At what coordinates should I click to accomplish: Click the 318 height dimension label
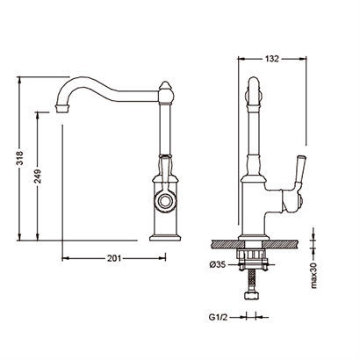(19, 158)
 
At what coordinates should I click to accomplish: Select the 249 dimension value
(37, 176)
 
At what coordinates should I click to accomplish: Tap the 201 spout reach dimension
(114, 258)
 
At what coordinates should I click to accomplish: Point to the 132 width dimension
(272, 59)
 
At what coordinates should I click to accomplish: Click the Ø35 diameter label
(218, 265)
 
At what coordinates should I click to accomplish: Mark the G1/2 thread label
(218, 317)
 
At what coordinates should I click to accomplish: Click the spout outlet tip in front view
(62, 108)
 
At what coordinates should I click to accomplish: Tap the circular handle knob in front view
(165, 201)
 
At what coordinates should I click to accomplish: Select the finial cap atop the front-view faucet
(165, 86)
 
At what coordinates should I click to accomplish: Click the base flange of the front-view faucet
(165, 237)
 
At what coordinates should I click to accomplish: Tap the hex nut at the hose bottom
(252, 295)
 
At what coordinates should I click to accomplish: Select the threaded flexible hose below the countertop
(252, 280)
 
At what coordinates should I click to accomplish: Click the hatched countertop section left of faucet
(225, 243)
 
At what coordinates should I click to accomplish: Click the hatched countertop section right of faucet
(282, 243)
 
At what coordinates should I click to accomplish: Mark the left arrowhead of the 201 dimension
(66, 258)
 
